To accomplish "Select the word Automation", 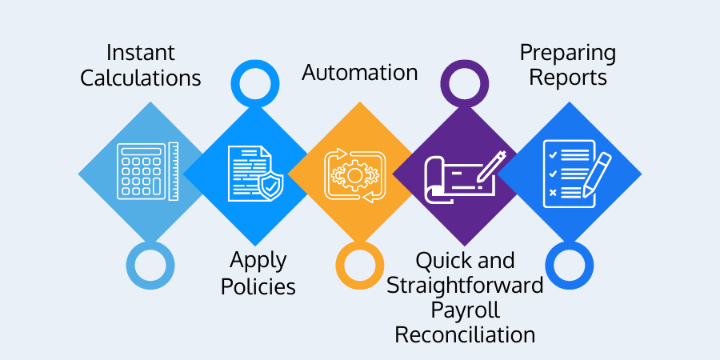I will [359, 73].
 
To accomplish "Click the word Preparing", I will [567, 54].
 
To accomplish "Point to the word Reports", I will [567, 78].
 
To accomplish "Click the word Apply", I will [258, 261].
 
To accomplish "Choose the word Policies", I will [258, 286].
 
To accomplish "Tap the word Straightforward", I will [466, 286].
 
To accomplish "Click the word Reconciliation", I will [466, 334].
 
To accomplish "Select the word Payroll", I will [466, 310].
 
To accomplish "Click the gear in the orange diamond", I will [354, 174].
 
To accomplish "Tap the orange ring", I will [359, 265].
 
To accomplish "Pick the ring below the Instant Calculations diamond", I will [150, 265].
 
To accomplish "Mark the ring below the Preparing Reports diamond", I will [569, 265].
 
